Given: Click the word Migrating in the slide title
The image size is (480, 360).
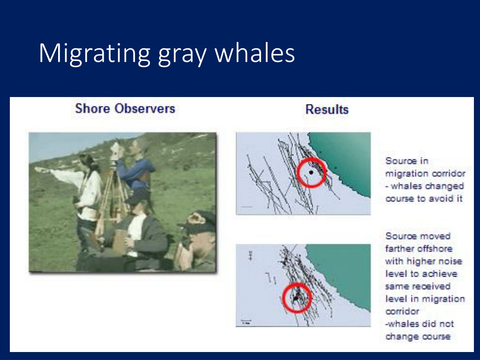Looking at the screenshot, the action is (x=94, y=54).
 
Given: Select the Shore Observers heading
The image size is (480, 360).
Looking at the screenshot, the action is (x=125, y=108).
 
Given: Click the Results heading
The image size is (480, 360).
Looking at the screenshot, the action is (x=327, y=109).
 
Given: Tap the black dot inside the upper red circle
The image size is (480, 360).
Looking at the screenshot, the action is (x=311, y=172).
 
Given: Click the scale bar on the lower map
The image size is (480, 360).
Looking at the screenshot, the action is (x=246, y=321).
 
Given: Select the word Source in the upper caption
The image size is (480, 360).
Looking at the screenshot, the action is (x=398, y=161).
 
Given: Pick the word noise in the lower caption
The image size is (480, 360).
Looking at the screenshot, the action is (x=451, y=261).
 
